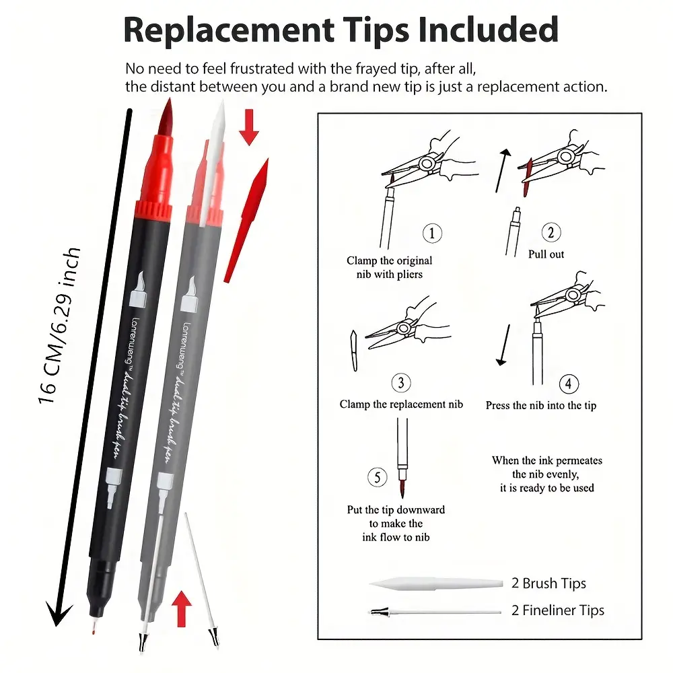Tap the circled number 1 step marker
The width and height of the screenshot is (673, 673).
[x=432, y=234]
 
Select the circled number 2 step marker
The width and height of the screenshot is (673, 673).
[x=551, y=234]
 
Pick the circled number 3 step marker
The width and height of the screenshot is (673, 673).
[x=401, y=383]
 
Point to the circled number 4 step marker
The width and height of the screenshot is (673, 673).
[x=569, y=384]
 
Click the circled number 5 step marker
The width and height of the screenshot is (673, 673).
[x=378, y=478]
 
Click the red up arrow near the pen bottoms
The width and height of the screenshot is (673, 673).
[x=180, y=608]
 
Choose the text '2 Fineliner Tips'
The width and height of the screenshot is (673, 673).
[x=558, y=610]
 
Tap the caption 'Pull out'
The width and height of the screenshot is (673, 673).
[x=546, y=254]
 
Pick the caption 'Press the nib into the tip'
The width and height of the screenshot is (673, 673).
[x=540, y=405]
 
